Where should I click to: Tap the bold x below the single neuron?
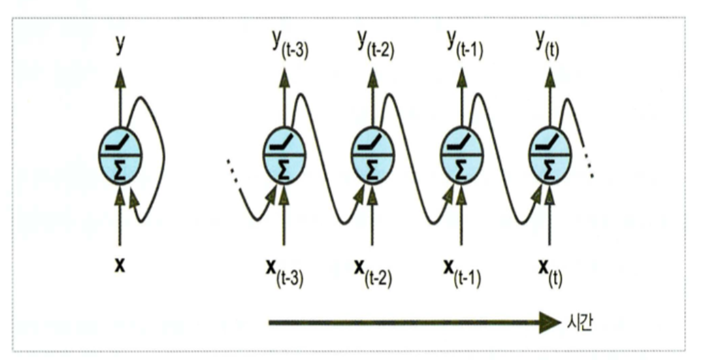click(x=120, y=265)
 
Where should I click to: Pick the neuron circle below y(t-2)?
click(x=372, y=155)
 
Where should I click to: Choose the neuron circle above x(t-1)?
click(x=461, y=155)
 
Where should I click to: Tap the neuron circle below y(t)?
click(x=549, y=155)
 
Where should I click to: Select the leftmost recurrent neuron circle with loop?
click(x=120, y=155)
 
